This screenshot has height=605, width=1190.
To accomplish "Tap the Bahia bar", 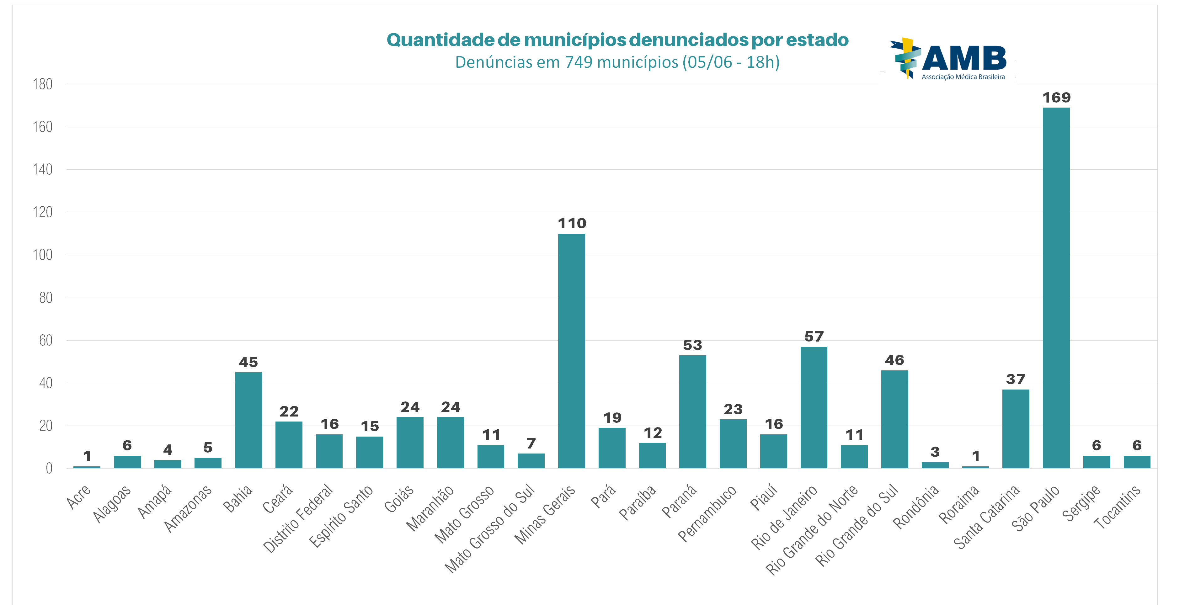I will (248, 420).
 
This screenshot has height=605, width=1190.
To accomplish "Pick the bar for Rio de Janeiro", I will (814, 407).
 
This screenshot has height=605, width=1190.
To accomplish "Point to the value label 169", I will (1056, 98).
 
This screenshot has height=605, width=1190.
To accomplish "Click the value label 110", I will (572, 224).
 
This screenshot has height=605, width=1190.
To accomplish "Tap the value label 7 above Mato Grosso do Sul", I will (531, 443).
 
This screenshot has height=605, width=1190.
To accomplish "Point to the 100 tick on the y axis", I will (42, 254).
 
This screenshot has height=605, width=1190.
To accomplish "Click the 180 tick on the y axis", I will (42, 84).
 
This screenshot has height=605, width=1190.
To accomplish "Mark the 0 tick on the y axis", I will (49, 468).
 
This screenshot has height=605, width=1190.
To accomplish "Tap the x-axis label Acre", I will (78, 497).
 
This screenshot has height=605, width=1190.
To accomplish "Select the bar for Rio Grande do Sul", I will (894, 419).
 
